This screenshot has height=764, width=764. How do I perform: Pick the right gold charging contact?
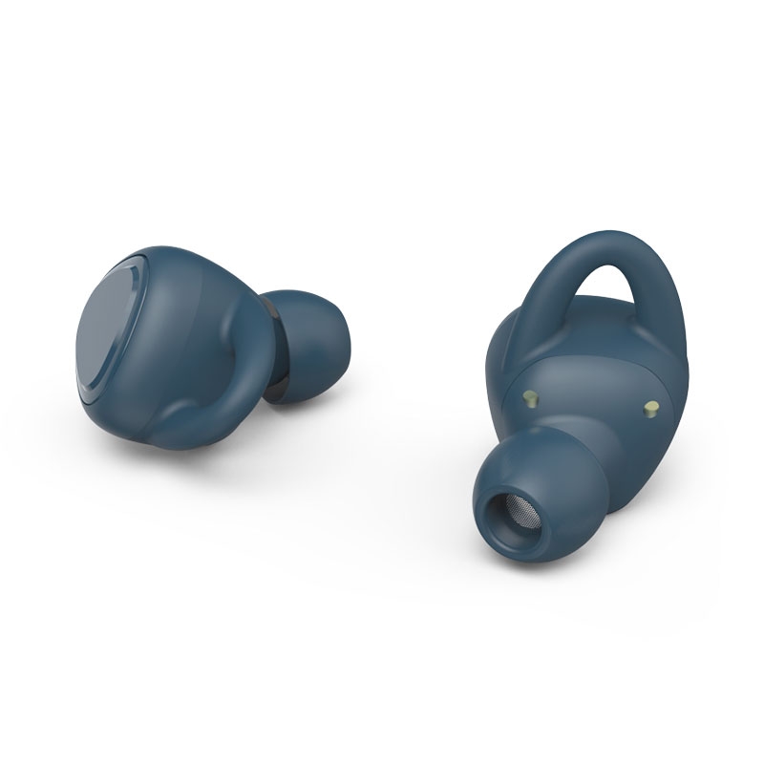(652, 408)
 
